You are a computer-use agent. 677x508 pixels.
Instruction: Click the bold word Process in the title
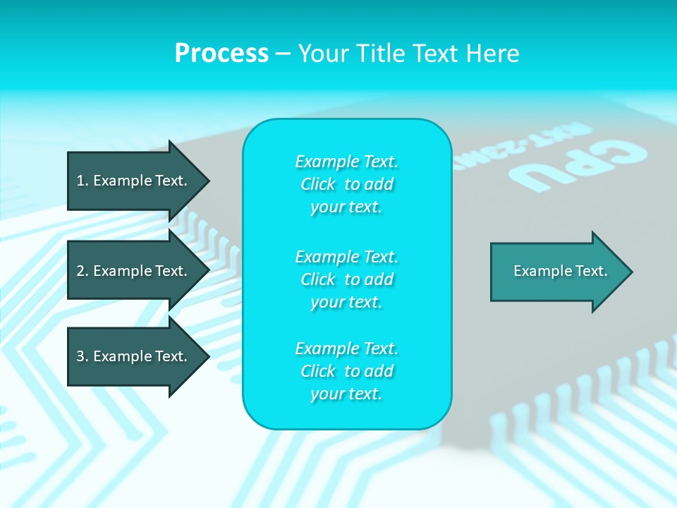point(221,54)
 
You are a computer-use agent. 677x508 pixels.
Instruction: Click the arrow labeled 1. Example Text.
point(132,181)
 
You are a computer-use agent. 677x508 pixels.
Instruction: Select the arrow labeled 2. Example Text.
point(132,271)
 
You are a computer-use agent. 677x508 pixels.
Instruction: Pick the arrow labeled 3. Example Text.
point(132,356)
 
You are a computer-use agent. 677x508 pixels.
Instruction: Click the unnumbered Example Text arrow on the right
point(560,272)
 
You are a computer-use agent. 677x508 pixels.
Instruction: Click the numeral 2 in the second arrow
point(80,271)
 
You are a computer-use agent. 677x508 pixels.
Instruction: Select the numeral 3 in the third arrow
point(80,356)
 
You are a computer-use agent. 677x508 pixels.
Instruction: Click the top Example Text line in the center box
point(346,162)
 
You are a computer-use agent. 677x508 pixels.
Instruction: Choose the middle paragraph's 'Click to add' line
point(346,279)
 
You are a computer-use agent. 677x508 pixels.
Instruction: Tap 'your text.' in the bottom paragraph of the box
point(346,394)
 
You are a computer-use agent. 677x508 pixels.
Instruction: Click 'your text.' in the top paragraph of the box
point(346,207)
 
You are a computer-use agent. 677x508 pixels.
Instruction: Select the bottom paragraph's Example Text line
point(346,349)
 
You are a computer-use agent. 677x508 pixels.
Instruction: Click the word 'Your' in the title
point(325,54)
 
